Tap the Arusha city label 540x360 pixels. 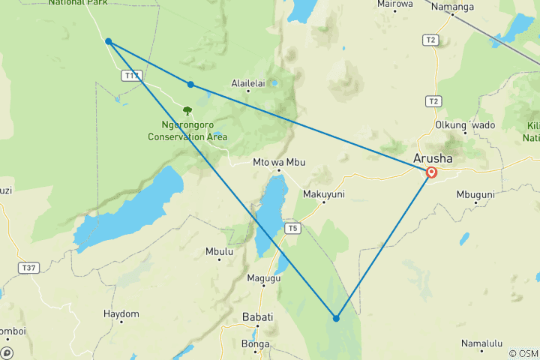(x=433, y=158)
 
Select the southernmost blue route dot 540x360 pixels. (x=336, y=318)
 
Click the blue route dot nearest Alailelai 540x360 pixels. (x=190, y=85)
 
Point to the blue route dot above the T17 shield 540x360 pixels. (x=109, y=41)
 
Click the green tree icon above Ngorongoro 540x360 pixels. (x=187, y=111)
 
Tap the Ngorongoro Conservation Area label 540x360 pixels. (x=187, y=131)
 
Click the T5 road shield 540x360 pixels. (x=292, y=228)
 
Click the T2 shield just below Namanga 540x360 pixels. (x=430, y=40)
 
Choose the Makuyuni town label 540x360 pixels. (x=323, y=193)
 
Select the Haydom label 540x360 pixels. (x=121, y=313)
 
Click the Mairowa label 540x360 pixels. (x=395, y=4)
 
